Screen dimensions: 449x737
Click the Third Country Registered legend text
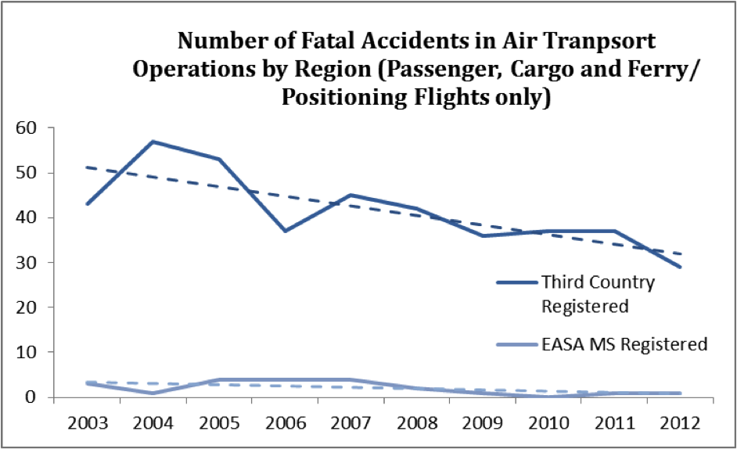(x=598, y=293)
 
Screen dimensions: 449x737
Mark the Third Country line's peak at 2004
(x=153, y=142)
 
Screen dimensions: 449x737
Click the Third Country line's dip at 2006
(x=286, y=231)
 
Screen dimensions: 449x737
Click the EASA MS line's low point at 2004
(x=153, y=393)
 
